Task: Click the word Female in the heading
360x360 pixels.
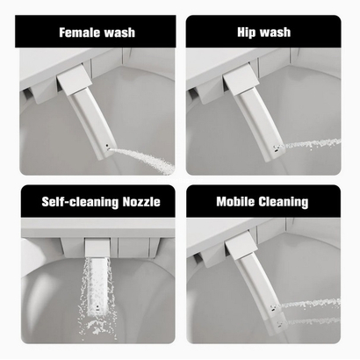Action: pos(79,32)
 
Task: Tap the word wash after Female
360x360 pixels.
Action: pos(119,32)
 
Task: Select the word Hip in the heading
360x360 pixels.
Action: pos(247,32)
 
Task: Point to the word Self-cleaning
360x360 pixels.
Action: pos(80,202)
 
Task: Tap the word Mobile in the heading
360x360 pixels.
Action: pos(235,201)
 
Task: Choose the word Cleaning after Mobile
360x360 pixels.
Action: pos(284,202)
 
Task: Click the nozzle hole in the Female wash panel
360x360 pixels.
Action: pos(106,145)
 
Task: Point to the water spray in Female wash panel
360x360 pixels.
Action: pos(143,159)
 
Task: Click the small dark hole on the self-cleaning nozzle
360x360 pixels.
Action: pos(97,307)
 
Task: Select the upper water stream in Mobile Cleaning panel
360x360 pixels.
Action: pos(309,303)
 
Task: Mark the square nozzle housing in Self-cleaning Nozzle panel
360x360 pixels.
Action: pos(97,248)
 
